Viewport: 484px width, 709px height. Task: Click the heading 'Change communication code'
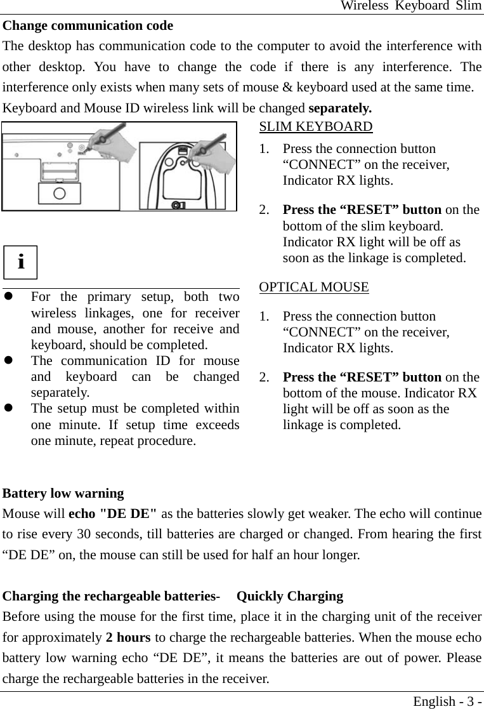tap(88, 26)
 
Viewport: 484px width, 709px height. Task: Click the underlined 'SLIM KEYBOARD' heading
tap(316, 126)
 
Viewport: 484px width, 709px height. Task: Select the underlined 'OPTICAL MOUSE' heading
tap(314, 287)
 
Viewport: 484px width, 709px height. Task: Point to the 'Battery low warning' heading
tap(63, 493)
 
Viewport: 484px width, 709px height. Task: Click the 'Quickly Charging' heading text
tap(290, 596)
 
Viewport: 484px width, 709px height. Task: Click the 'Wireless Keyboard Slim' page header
tap(410, 6)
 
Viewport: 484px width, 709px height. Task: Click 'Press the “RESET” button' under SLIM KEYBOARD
tap(362, 210)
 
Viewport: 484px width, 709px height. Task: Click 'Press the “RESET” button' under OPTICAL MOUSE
tap(362, 378)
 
